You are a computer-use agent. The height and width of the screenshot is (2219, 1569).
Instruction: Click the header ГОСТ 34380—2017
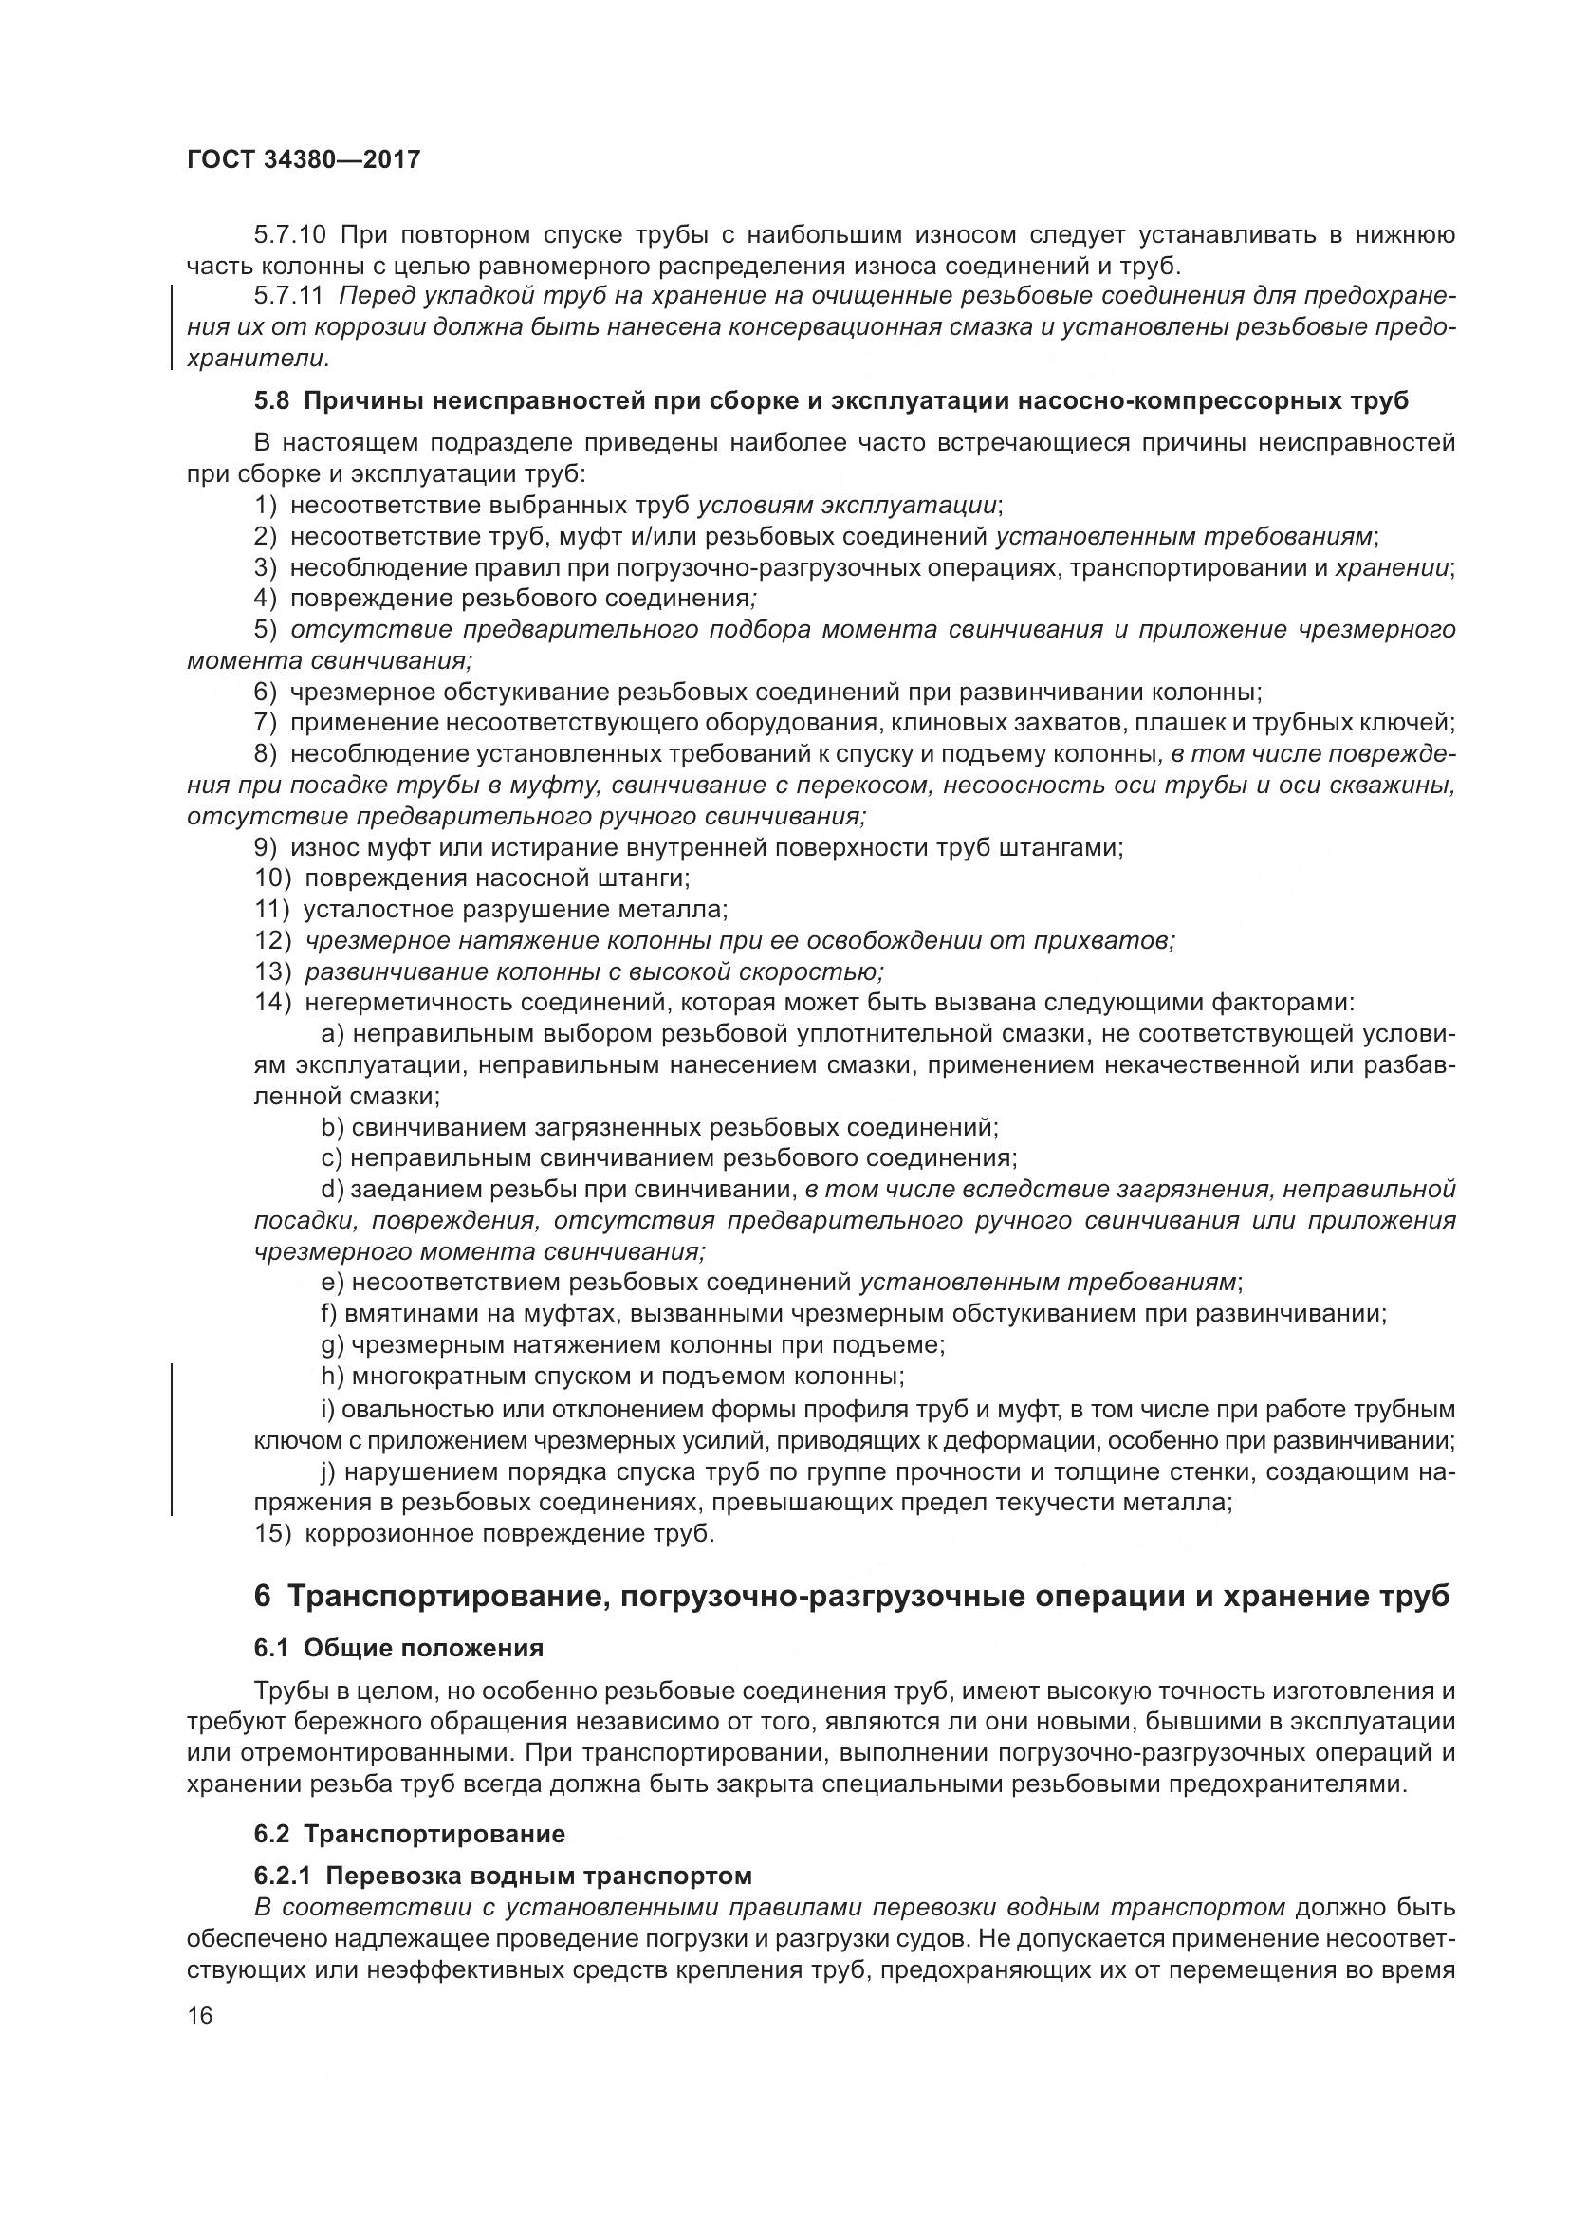tap(304, 159)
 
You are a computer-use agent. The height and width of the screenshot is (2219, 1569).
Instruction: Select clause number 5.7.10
tap(291, 235)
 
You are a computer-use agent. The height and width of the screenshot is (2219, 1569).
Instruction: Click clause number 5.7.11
tap(290, 296)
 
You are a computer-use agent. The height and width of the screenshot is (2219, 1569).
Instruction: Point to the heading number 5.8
tap(271, 401)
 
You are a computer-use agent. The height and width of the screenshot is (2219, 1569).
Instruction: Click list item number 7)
tap(266, 722)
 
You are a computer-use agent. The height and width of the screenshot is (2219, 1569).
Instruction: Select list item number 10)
tap(272, 878)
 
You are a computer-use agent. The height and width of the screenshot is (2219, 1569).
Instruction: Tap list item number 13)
tap(272, 971)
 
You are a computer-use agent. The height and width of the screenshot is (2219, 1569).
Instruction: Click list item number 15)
tap(272, 1534)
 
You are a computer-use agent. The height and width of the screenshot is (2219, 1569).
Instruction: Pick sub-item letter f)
tap(330, 1313)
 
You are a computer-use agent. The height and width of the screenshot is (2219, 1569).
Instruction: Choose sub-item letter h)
tap(331, 1376)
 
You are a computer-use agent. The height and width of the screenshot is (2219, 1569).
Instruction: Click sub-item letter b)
tap(331, 1127)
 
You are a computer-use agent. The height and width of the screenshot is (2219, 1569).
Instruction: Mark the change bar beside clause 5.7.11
tap(172, 326)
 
